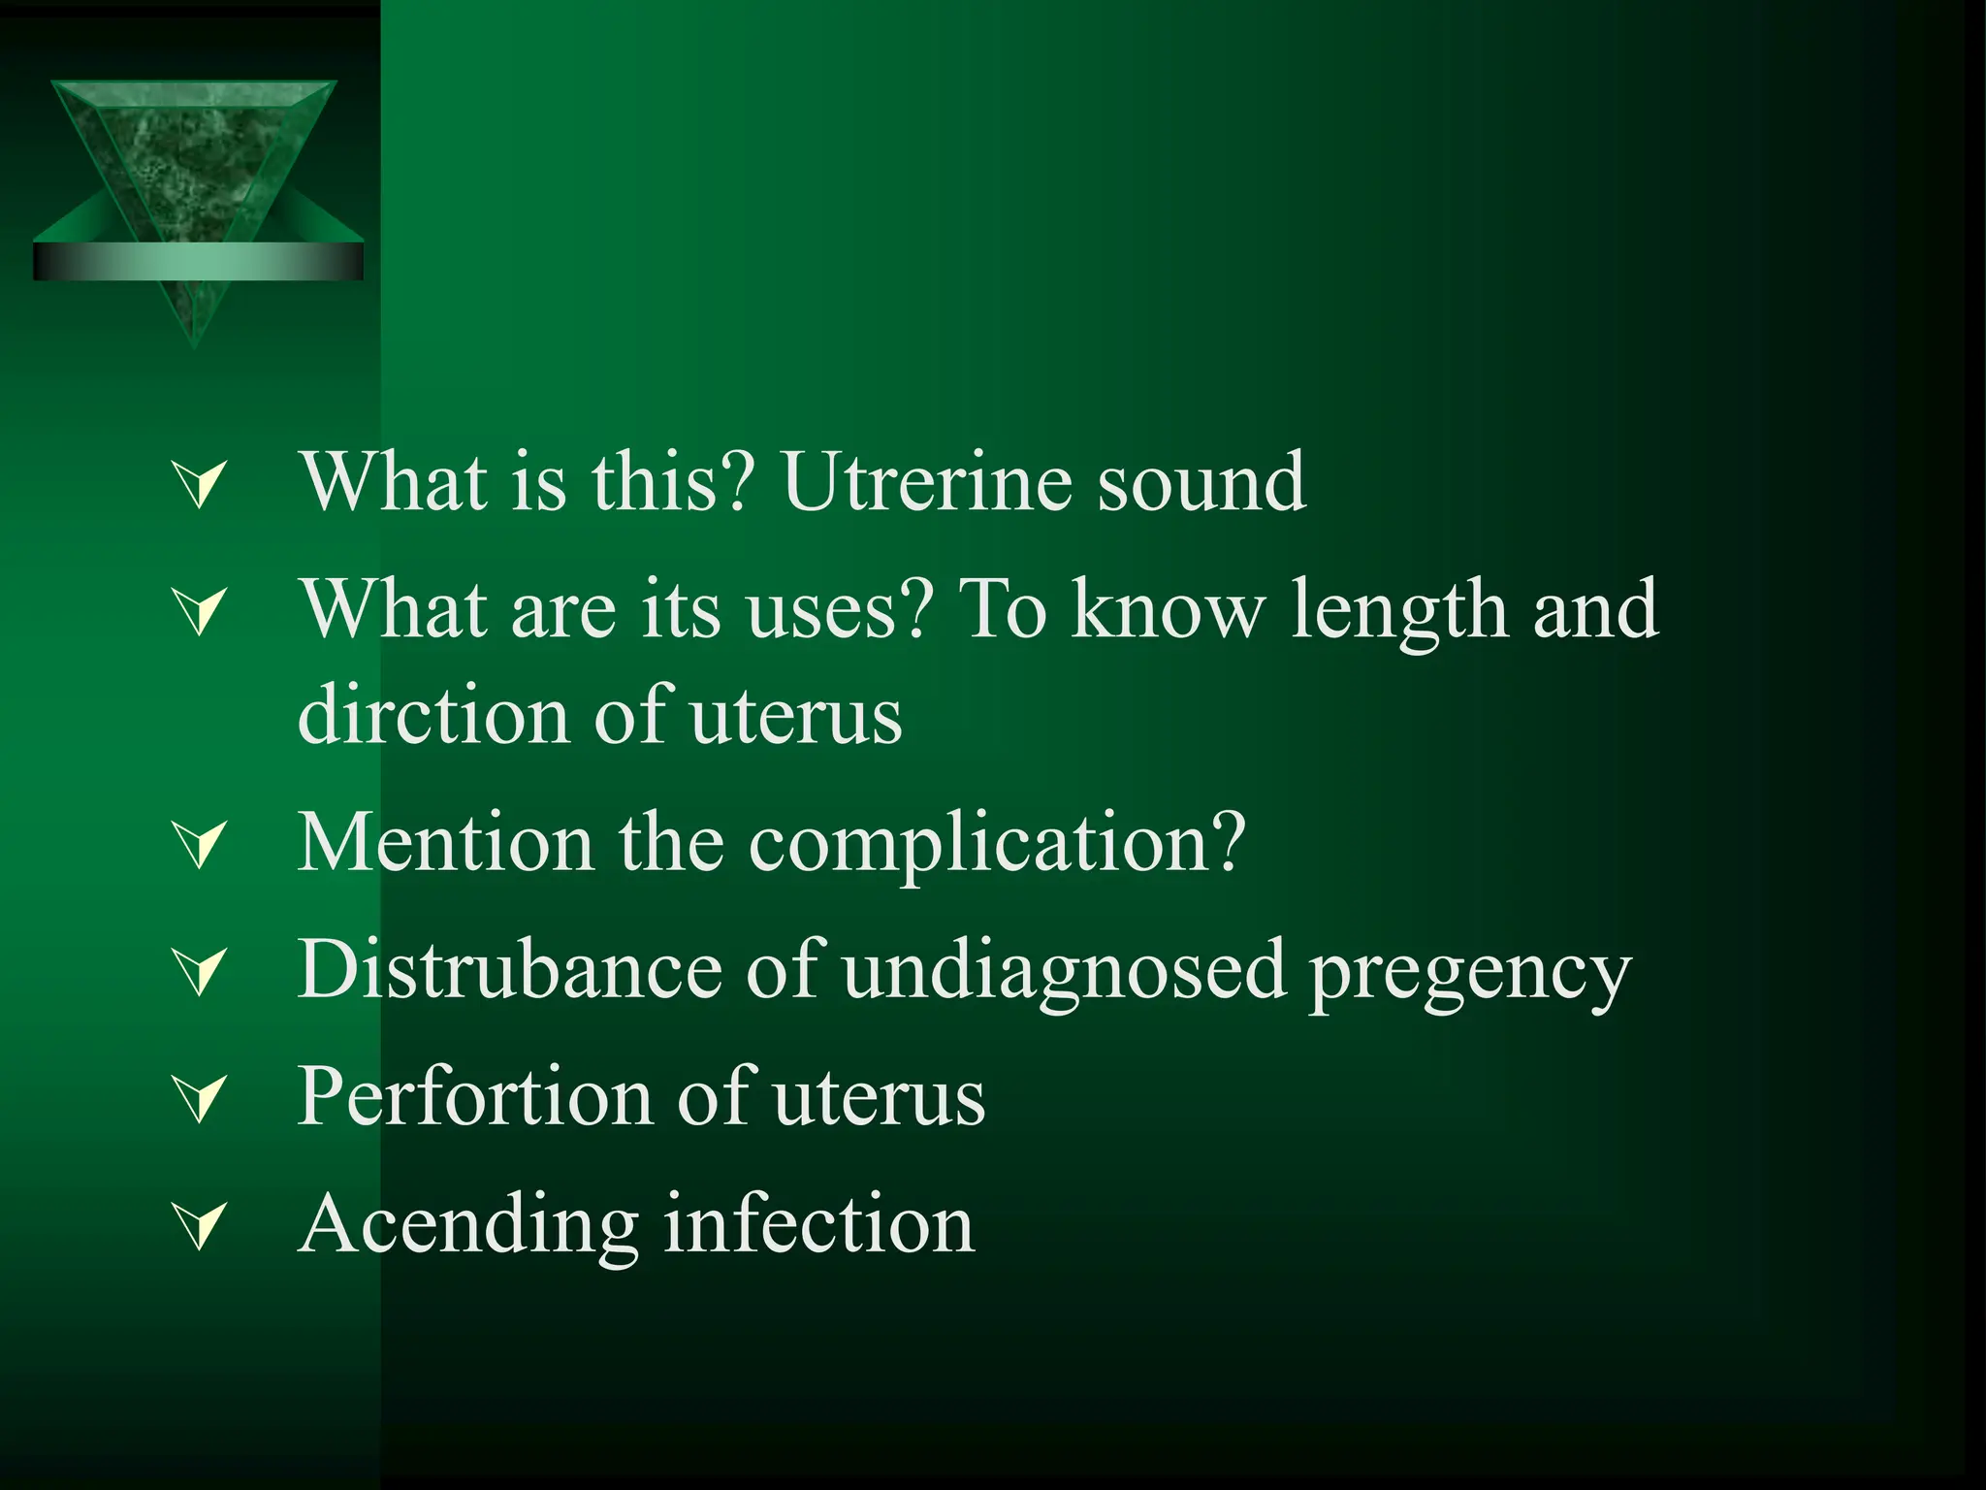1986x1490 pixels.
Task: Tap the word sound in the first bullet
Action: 1201,482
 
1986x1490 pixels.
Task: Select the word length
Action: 1398,611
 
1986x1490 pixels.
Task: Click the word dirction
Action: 432,716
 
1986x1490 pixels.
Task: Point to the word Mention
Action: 445,843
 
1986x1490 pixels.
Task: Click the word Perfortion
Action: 474,1097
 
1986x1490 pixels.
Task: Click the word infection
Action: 819,1224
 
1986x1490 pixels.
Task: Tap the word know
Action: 1168,611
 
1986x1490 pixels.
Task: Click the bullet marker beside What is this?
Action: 200,484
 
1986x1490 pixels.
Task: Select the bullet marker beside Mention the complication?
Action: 200,844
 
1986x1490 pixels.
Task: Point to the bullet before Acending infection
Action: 200,1226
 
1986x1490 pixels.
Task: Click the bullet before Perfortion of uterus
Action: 200,1099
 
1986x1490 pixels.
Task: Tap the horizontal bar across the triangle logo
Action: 198,262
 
